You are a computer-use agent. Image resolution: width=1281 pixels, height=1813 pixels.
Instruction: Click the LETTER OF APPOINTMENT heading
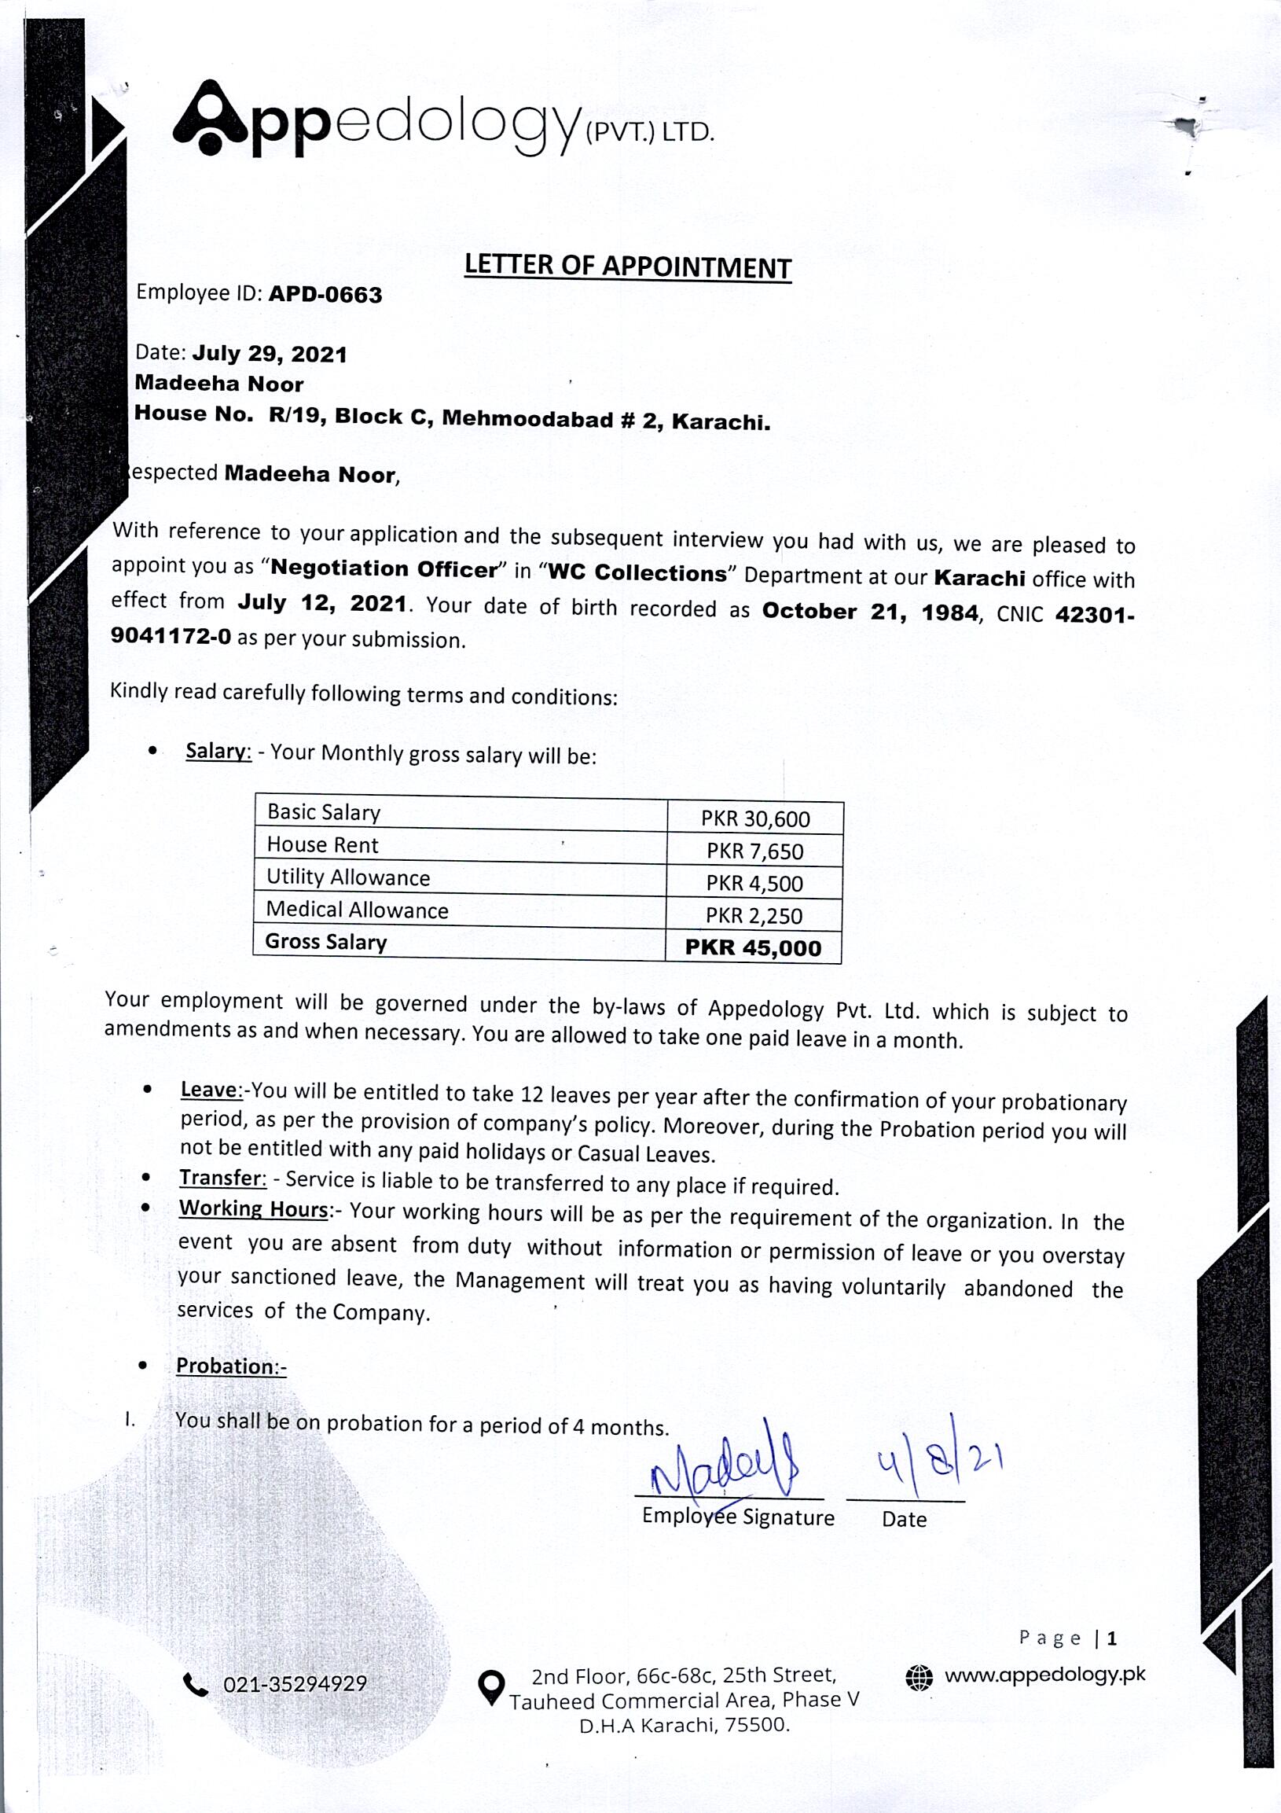(627, 267)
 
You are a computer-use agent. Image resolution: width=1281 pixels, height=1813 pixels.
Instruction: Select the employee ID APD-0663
(325, 295)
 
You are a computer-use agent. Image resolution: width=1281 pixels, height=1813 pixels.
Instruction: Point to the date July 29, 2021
(269, 354)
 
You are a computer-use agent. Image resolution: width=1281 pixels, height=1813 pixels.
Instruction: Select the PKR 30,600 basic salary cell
(755, 819)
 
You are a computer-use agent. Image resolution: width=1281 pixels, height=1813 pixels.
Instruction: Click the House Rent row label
(323, 845)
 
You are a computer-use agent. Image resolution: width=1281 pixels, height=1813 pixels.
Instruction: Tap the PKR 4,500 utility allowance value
(754, 884)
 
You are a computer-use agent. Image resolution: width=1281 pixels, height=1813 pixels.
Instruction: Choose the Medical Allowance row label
(357, 910)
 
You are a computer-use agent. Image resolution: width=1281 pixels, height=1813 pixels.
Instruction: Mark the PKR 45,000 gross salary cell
(753, 947)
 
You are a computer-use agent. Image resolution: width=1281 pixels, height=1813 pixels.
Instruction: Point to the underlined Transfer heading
(222, 1177)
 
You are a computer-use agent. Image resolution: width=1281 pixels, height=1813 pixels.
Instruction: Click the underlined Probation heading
(230, 1366)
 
